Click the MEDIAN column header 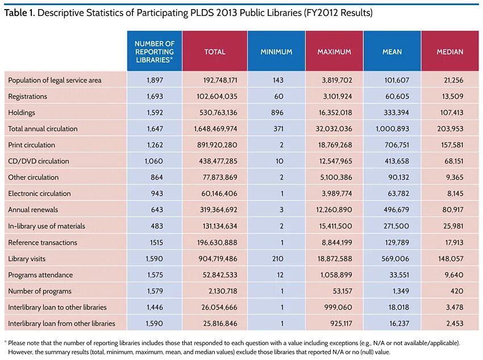pyautogui.click(x=449, y=52)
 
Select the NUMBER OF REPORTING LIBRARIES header pyautogui.click(x=155, y=52)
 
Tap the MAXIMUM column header pyautogui.click(x=334, y=52)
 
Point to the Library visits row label pyautogui.click(x=27, y=258)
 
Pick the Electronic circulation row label pyautogui.click(x=39, y=194)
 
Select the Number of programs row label pyautogui.click(x=40, y=291)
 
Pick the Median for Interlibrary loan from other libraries pyautogui.click(x=453, y=324)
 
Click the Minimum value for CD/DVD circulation pyautogui.click(x=278, y=161)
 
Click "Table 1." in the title pyautogui.click(x=20, y=12)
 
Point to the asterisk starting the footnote pyautogui.click(x=5, y=343)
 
